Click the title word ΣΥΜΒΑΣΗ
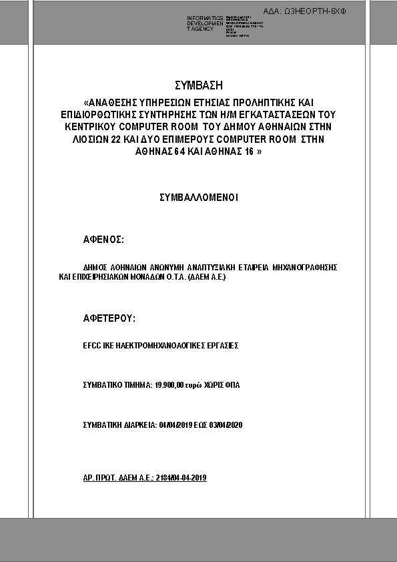(197, 85)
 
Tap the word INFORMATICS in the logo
(205, 18)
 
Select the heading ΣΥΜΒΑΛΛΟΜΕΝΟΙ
(198, 198)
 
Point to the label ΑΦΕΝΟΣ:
(103, 238)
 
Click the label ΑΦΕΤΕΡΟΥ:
(109, 318)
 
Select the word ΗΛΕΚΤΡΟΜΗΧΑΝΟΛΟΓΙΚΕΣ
(160, 346)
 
